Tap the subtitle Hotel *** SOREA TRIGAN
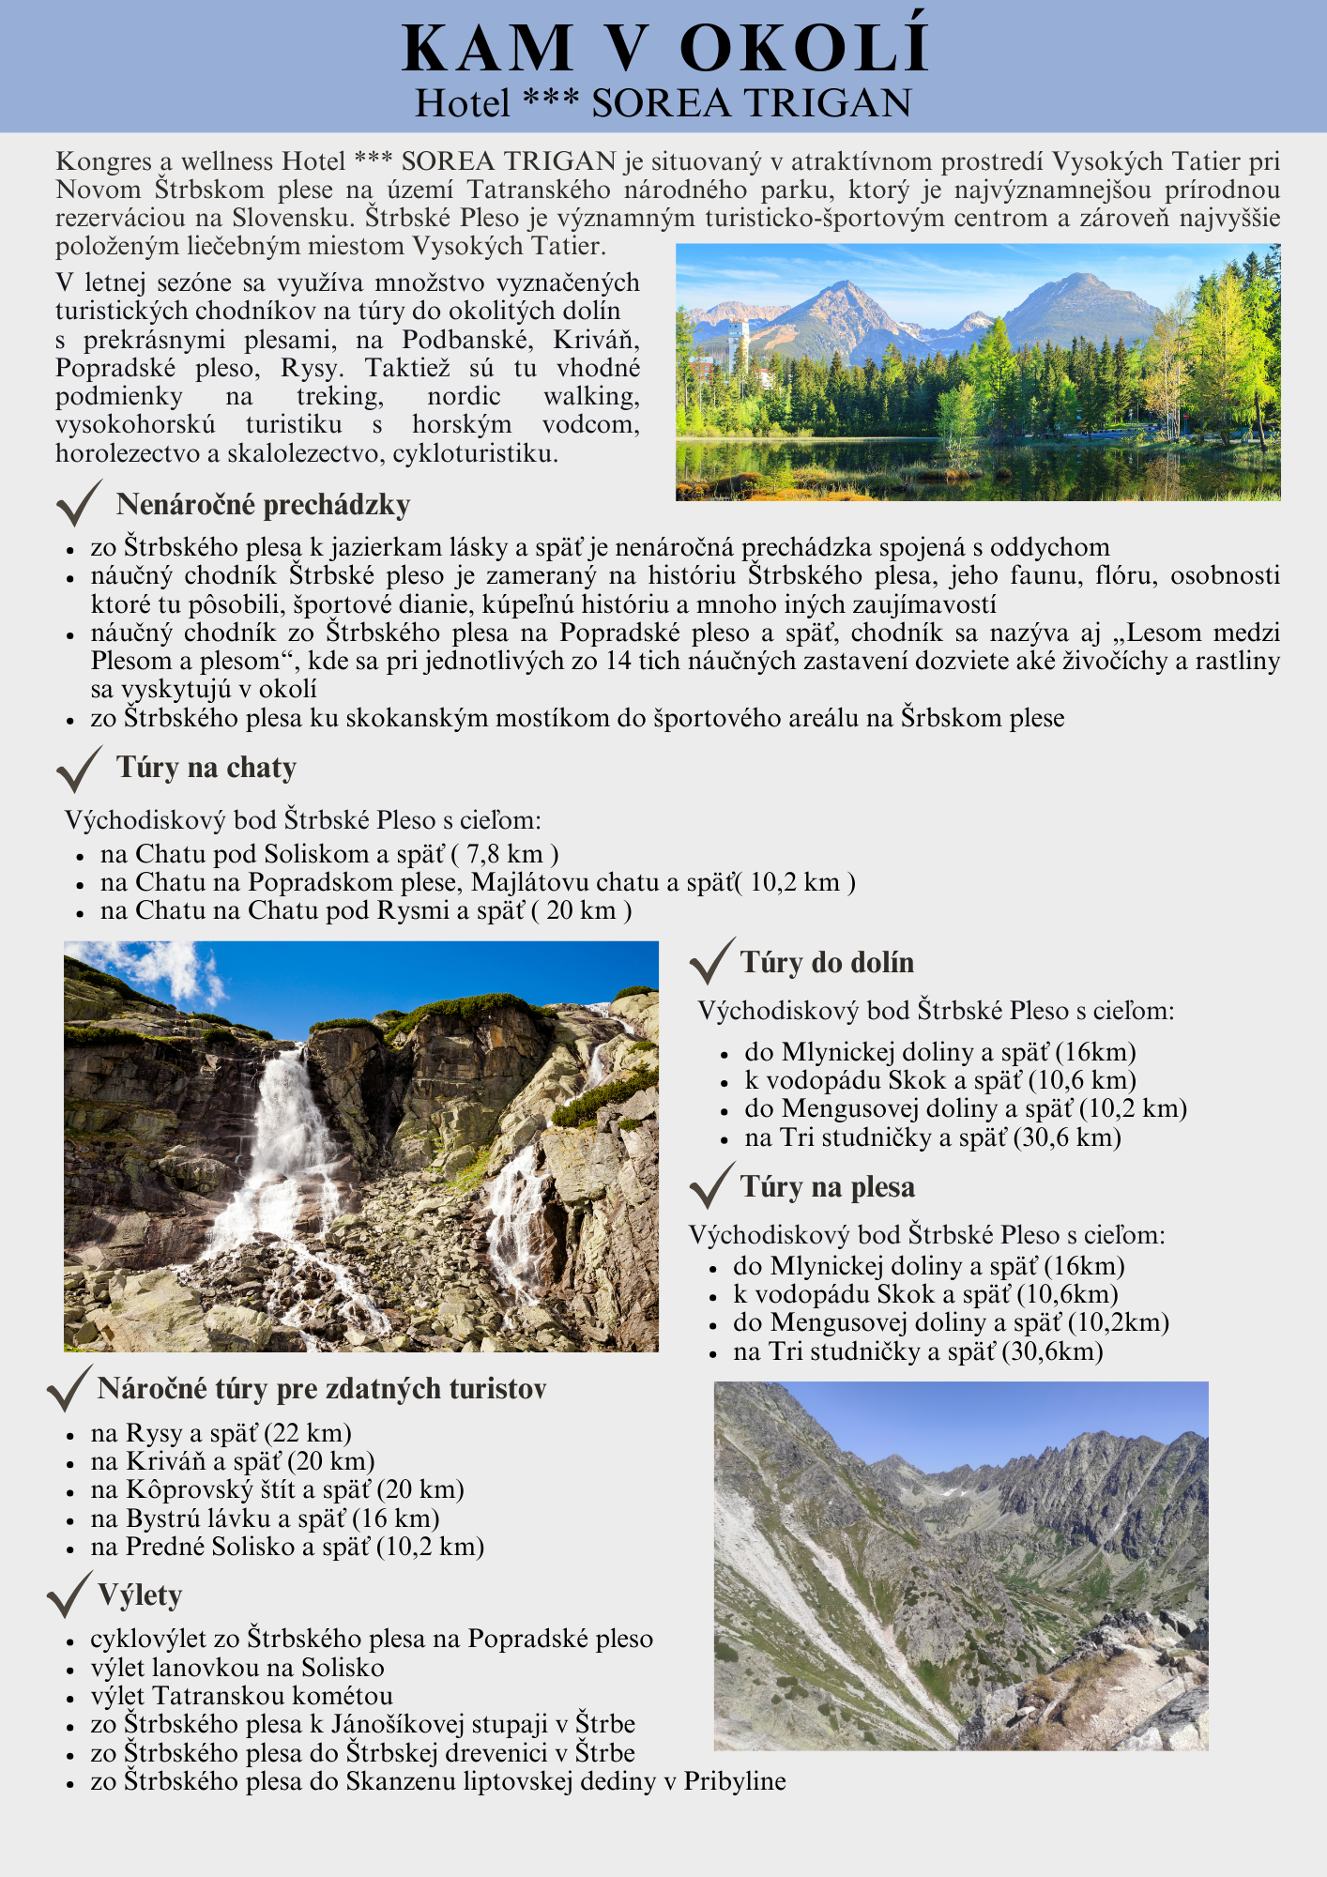point(663,103)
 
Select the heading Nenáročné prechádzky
point(263,505)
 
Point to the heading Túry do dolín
point(827,963)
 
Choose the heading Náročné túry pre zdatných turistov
point(322,1389)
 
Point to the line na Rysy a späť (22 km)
point(221,1433)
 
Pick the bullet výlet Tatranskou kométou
point(242,1696)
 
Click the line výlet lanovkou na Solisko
point(237,1668)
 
